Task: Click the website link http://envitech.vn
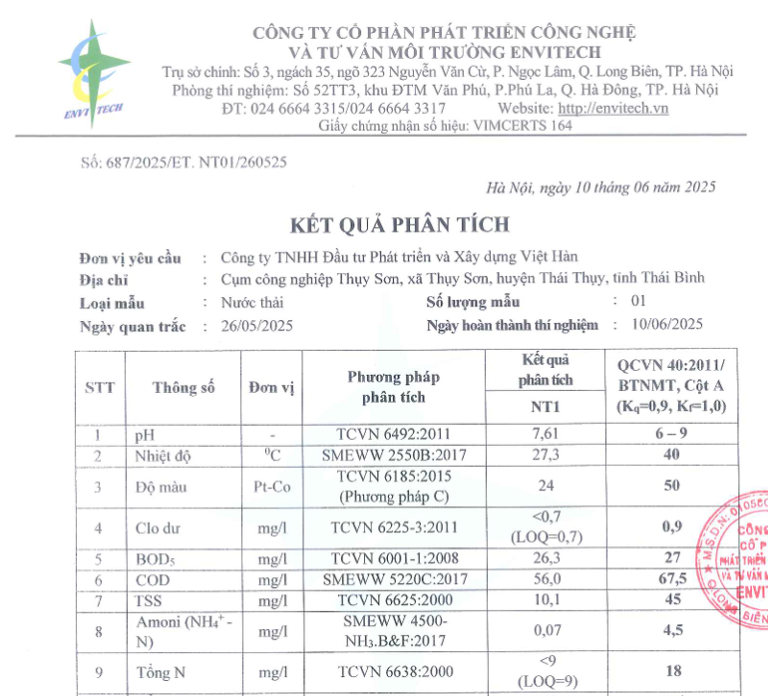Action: pyautogui.click(x=612, y=108)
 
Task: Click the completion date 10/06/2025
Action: pyautogui.click(x=667, y=323)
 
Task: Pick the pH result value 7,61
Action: pyautogui.click(x=545, y=435)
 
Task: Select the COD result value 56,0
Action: pyautogui.click(x=545, y=579)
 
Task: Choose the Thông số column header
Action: pyautogui.click(x=184, y=388)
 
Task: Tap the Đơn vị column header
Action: pyautogui.click(x=271, y=388)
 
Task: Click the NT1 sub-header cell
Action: pyautogui.click(x=545, y=407)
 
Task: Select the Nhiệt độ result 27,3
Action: pyautogui.click(x=545, y=455)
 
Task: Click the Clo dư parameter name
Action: pyautogui.click(x=160, y=527)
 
